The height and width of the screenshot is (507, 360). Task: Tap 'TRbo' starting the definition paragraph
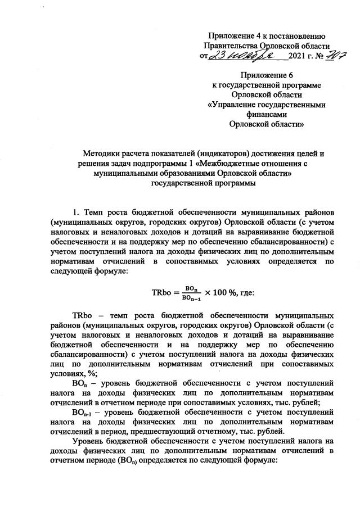[x=83, y=314]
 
